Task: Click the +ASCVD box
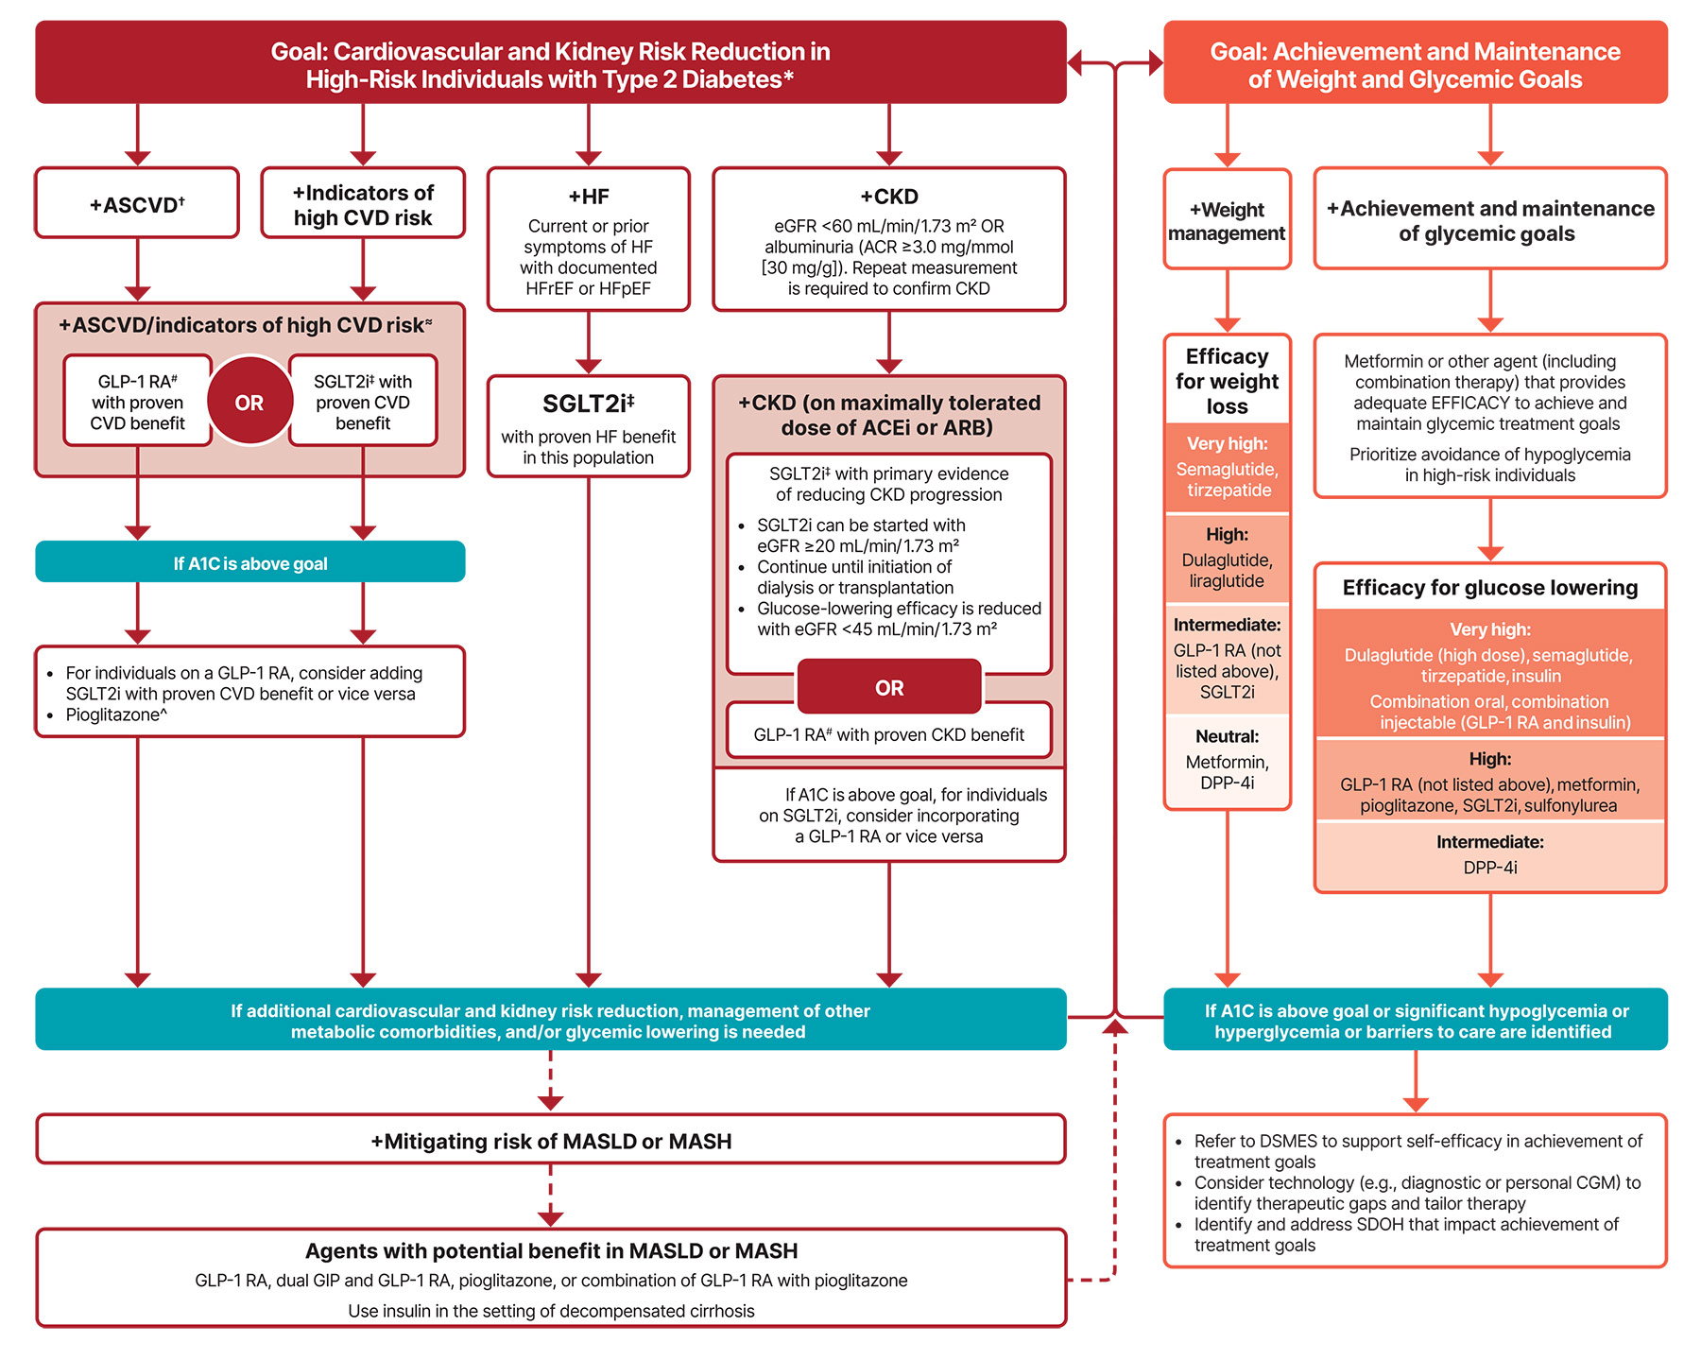click(137, 203)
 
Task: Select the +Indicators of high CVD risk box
click(363, 204)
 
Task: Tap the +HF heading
click(588, 197)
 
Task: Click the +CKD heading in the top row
click(888, 197)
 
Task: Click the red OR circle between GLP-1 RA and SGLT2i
click(249, 403)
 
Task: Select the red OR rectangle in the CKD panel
click(889, 687)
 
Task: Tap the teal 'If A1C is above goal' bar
click(250, 563)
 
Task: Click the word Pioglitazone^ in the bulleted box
click(116, 714)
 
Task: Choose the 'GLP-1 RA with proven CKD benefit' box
click(888, 734)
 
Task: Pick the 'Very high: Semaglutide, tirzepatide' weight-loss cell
click(1227, 468)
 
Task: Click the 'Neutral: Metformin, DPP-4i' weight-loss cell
click(1227, 761)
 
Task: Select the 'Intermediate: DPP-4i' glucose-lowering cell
click(1489, 855)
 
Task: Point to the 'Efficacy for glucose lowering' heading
click(1489, 588)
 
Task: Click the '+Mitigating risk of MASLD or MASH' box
click(551, 1141)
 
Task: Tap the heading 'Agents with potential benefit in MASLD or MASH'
click(551, 1251)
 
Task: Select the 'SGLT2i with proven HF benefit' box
click(588, 426)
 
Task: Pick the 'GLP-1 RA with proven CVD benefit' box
click(138, 402)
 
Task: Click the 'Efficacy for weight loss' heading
click(1227, 381)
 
